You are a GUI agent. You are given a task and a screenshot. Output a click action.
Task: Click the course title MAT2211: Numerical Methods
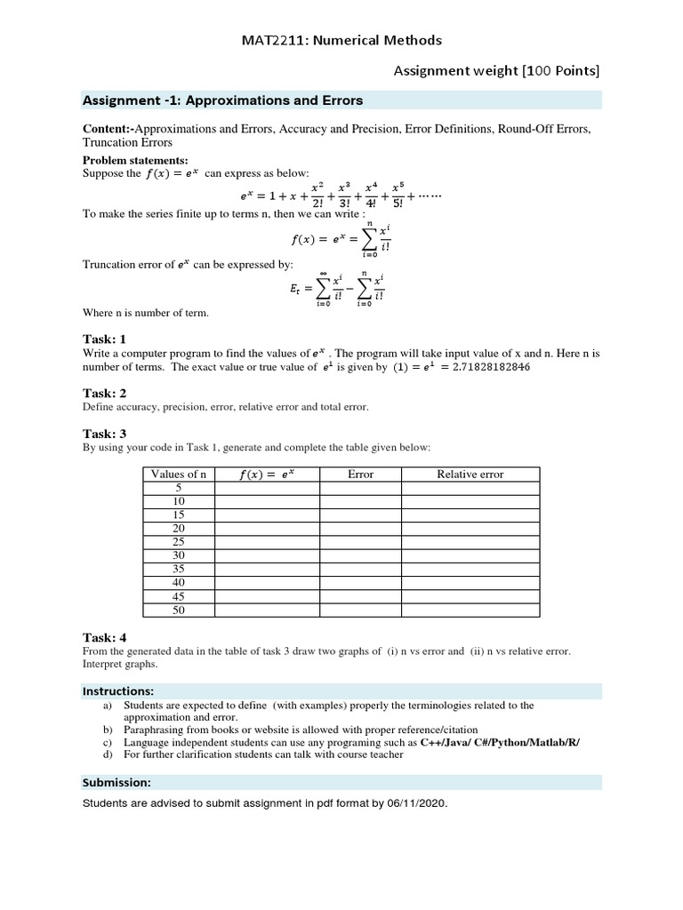(x=341, y=40)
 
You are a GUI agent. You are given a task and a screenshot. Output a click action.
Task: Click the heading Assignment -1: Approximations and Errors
(x=222, y=100)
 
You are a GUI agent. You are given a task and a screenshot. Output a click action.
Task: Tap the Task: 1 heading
(x=105, y=339)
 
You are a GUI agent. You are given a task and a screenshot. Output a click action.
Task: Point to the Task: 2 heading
(x=105, y=393)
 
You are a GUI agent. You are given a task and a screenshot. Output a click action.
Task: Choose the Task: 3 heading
(x=105, y=434)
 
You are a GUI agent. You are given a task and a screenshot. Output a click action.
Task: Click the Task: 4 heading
(x=105, y=637)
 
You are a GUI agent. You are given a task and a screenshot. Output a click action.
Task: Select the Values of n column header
(x=178, y=475)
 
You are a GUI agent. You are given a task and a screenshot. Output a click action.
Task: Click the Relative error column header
(x=470, y=475)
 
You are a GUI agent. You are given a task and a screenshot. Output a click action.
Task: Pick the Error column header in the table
(x=360, y=475)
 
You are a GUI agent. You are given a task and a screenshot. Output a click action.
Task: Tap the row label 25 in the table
(x=178, y=542)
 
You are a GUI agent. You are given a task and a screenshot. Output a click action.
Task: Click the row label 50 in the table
(x=178, y=611)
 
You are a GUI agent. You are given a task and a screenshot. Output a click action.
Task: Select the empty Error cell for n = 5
(x=360, y=488)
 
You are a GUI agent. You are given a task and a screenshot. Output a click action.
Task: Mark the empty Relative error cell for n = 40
(x=470, y=583)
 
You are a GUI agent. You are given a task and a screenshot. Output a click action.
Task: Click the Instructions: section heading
(x=119, y=690)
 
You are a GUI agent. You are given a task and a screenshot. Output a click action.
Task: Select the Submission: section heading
(x=117, y=783)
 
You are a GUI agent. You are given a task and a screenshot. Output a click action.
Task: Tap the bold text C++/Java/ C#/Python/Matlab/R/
(x=500, y=742)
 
